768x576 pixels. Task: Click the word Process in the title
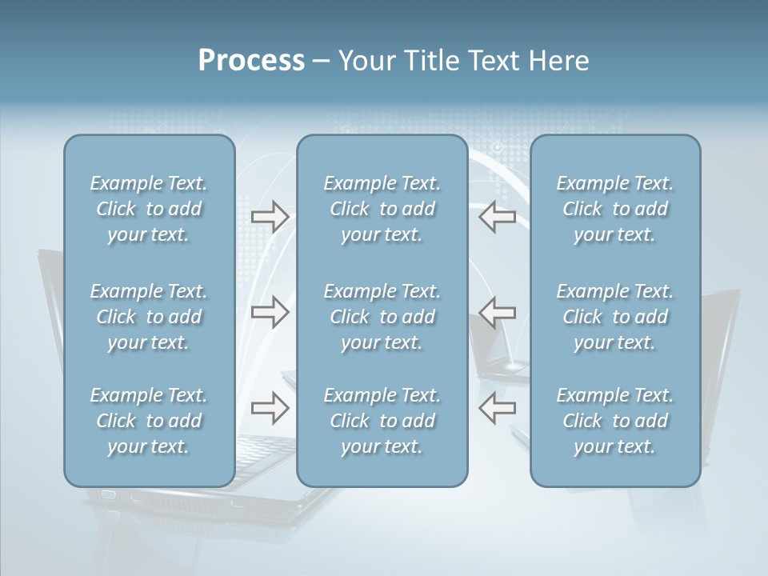[251, 61]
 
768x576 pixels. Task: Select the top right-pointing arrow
[270, 217]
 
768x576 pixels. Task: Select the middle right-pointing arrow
[270, 311]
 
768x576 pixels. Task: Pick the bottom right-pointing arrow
[270, 408]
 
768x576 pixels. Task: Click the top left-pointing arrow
[497, 217]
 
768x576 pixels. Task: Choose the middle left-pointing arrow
[497, 311]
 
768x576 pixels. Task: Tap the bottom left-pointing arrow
[497, 408]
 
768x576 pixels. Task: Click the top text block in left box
[149, 209]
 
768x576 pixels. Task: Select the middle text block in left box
[149, 317]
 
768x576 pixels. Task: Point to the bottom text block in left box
[149, 421]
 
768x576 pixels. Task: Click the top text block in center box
[382, 209]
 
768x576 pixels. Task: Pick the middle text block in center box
[382, 317]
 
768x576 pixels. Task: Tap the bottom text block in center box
[382, 421]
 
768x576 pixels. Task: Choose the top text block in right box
[615, 209]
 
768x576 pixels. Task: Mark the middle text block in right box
[615, 317]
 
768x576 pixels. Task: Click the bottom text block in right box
[615, 421]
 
